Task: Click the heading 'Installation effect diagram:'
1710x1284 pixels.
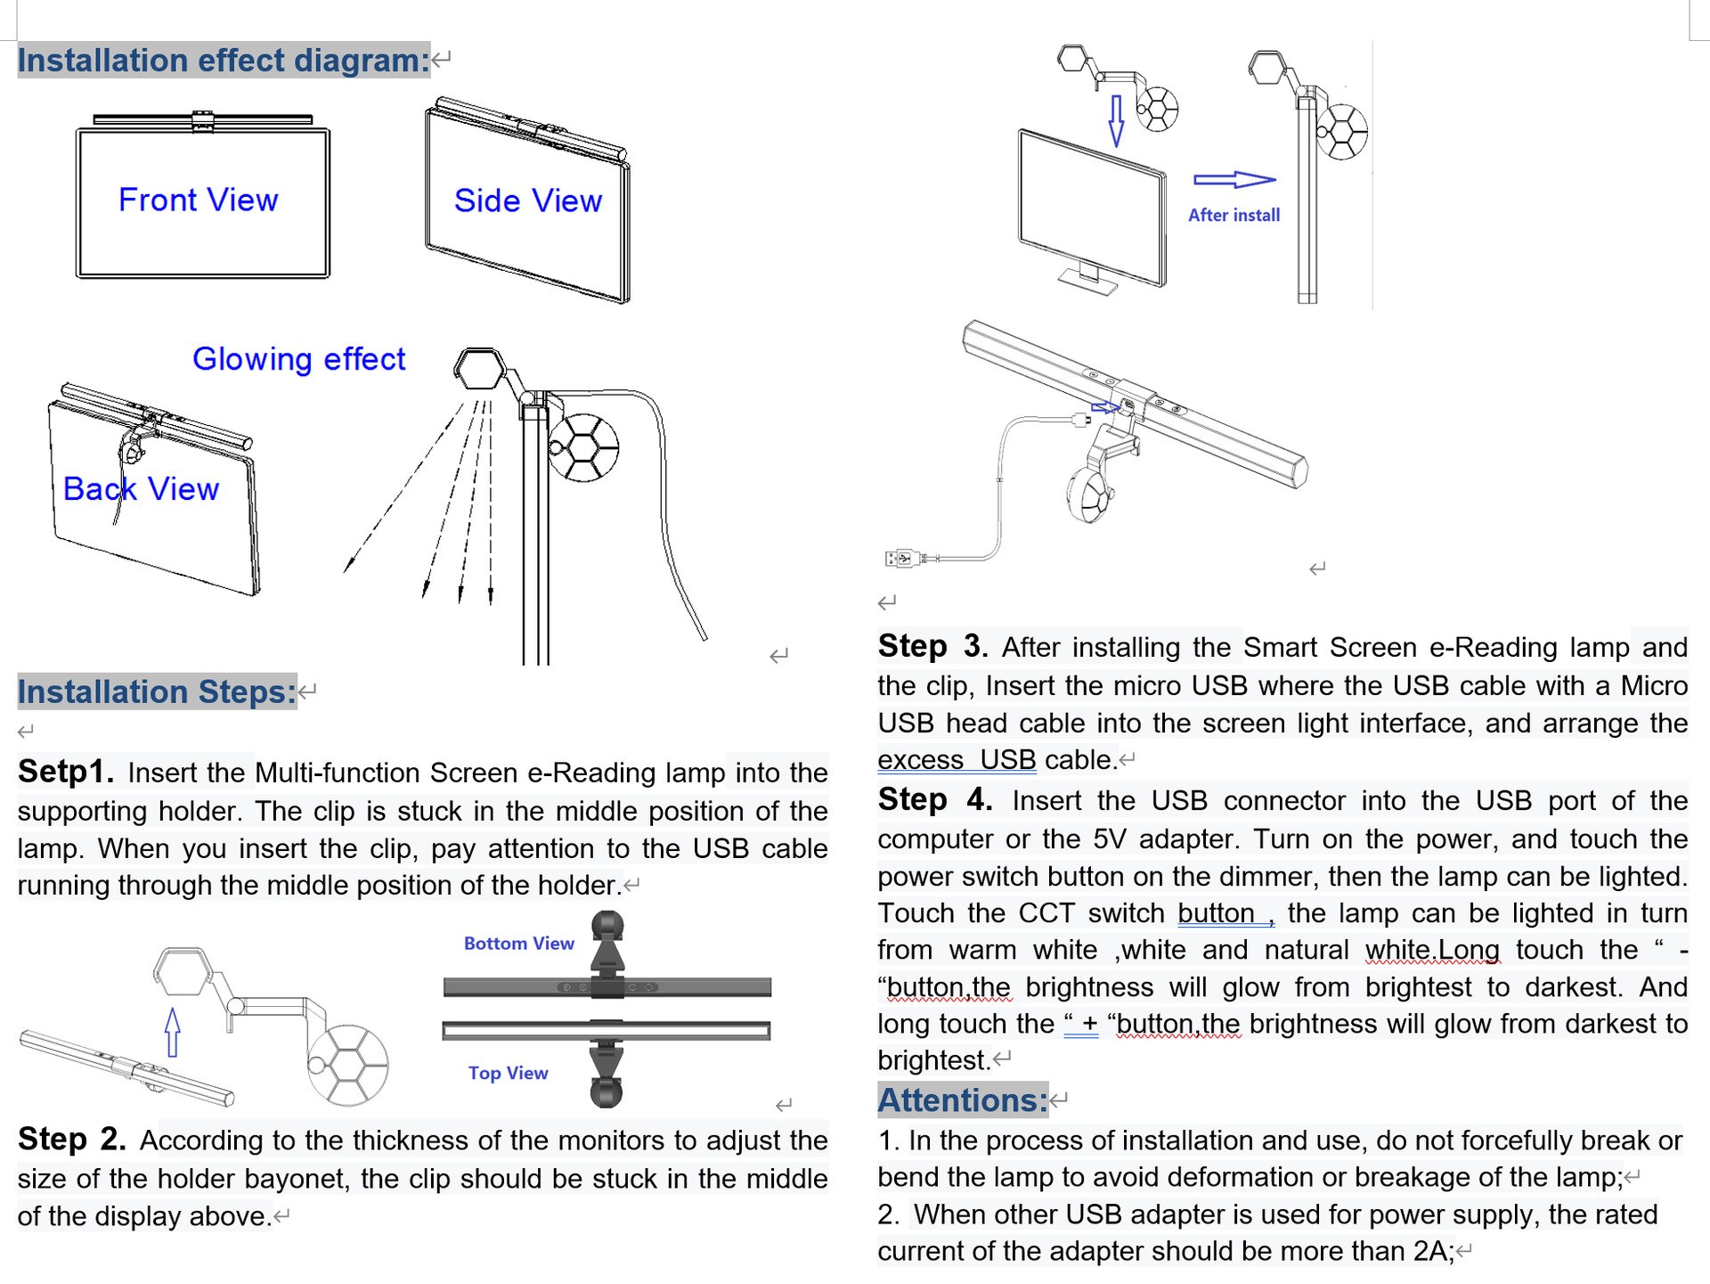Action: pos(223,61)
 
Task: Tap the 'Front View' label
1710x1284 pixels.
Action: pos(198,200)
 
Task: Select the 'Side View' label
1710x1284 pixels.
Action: pos(527,201)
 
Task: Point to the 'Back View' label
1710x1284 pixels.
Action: pos(141,489)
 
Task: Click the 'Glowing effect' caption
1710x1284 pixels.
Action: pos(298,359)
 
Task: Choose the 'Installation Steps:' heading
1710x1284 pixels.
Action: pos(157,691)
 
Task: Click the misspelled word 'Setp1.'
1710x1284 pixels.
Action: pos(66,772)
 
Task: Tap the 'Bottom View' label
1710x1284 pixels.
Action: pos(518,944)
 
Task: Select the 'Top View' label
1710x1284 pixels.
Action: pos(508,1074)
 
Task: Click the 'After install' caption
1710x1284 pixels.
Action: pos(1234,216)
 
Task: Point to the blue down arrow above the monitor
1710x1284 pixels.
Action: pos(1116,121)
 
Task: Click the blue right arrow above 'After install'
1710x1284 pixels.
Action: pos(1234,180)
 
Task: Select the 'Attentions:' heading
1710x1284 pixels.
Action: pos(962,1100)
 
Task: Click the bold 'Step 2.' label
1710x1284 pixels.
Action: pos(71,1140)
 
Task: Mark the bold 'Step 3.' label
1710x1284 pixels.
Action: pos(932,646)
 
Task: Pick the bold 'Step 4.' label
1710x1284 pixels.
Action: pos(934,799)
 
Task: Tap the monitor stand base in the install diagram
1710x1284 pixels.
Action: pos(1087,282)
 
